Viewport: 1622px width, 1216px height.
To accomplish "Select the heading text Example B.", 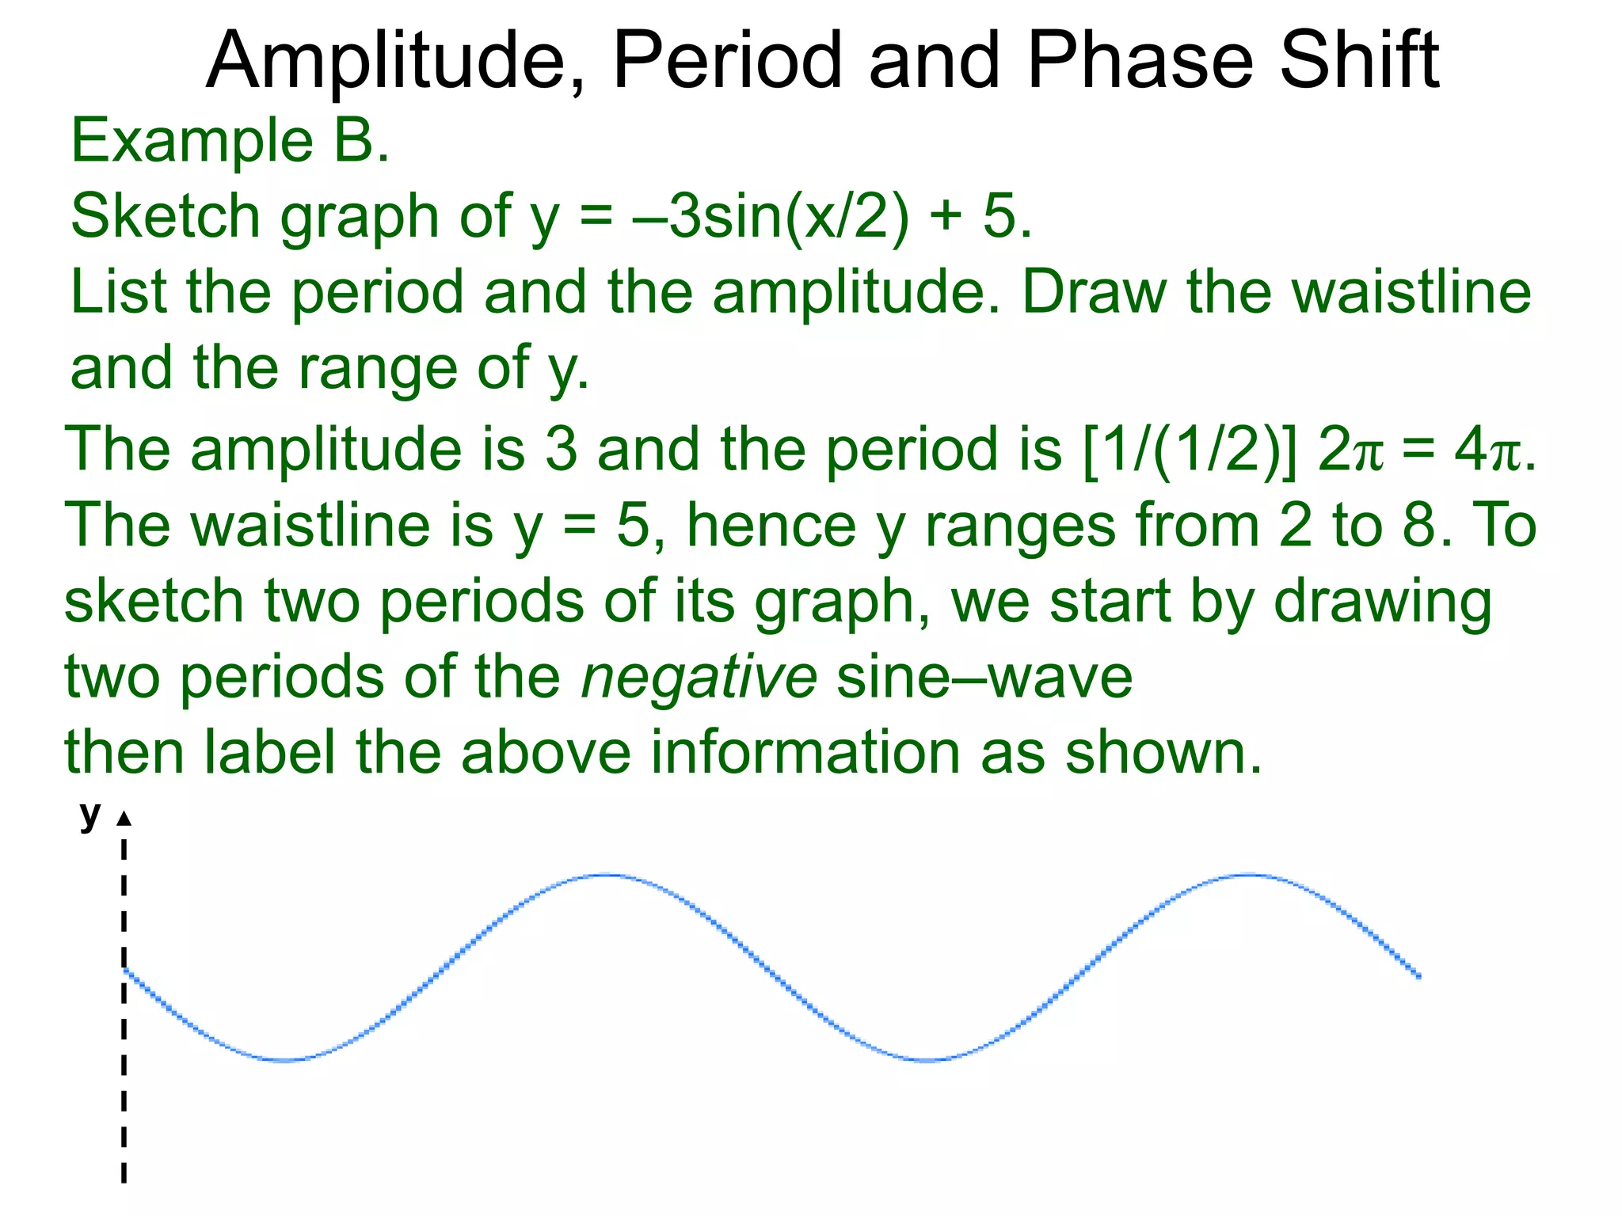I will (230, 141).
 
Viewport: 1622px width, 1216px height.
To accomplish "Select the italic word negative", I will (699, 678).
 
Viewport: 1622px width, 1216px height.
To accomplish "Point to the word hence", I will (771, 525).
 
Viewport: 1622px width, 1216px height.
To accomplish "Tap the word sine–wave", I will (984, 678).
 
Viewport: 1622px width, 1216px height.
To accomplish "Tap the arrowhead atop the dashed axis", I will (124, 819).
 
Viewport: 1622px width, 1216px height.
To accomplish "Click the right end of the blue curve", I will (1419, 977).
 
